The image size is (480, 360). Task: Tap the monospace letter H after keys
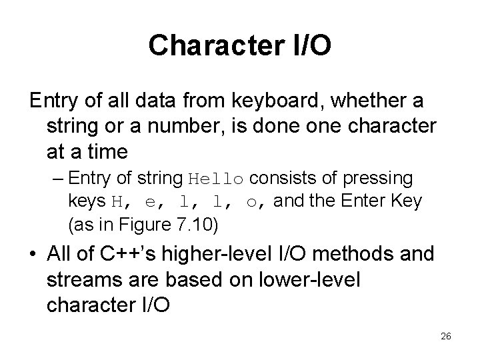coord(116,201)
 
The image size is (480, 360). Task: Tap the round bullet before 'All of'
coord(34,255)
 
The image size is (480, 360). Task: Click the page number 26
coord(446,337)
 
